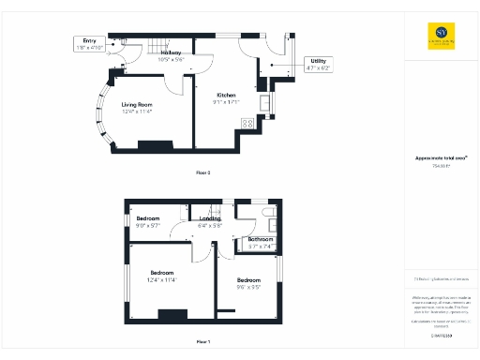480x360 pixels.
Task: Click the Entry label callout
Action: pos(90,44)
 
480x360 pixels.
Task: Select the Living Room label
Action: pos(137,108)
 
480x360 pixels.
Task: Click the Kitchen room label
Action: pos(228,98)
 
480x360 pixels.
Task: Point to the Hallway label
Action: pos(171,56)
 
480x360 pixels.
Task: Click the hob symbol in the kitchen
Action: pos(248,123)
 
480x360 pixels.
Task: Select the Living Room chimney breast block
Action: pos(150,145)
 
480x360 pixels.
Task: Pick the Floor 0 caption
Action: pos(203,172)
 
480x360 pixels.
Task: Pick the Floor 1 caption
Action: pos(203,341)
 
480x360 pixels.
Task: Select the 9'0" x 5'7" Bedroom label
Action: pos(149,223)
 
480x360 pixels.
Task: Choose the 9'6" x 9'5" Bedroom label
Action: pos(248,284)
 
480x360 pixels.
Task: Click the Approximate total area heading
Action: pos(439,157)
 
